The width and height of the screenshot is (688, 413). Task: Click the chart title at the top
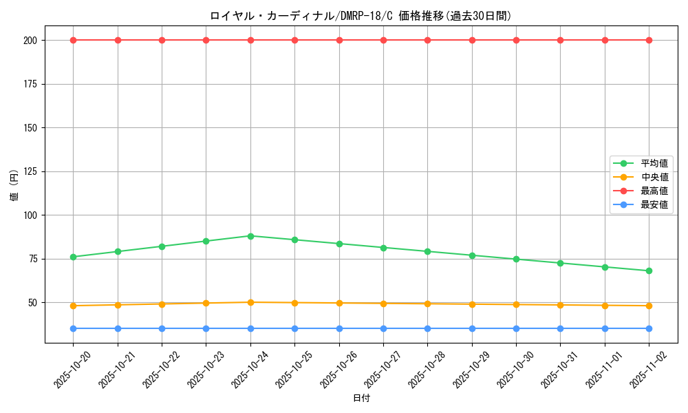361,16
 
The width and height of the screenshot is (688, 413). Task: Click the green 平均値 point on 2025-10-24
250,236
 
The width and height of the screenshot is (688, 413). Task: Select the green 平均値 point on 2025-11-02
649,271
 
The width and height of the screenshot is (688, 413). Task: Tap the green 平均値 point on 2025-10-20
74,257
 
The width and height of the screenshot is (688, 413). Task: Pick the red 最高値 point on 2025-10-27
383,40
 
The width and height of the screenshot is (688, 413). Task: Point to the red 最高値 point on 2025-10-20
74,40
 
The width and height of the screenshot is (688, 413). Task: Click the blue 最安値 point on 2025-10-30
516,328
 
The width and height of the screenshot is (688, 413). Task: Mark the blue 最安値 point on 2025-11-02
649,328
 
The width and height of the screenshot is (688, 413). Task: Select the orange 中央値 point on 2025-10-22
162,304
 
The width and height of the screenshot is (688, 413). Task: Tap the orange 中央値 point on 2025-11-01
605,306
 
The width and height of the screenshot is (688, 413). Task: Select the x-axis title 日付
361,399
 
